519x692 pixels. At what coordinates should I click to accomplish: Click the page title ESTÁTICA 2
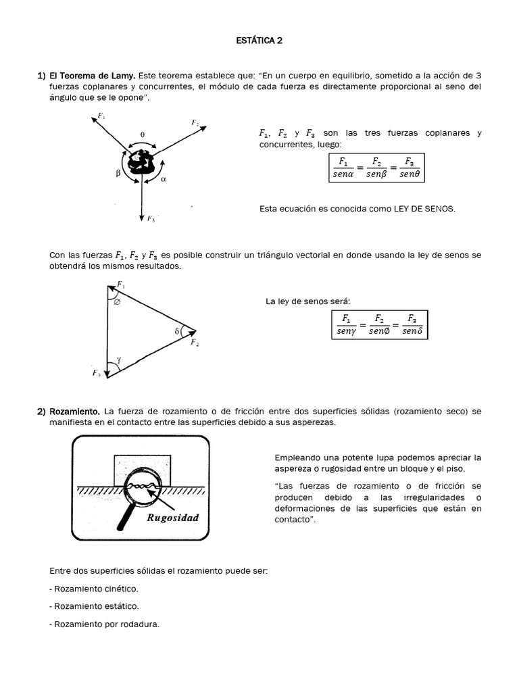[x=259, y=41]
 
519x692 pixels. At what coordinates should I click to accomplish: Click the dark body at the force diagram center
[x=142, y=163]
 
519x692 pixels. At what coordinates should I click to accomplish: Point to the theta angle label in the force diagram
[x=142, y=134]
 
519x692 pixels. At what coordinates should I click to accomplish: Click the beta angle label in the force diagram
[x=118, y=173]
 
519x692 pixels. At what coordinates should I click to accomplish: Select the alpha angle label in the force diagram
[x=164, y=180]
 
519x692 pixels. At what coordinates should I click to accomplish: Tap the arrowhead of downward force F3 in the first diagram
[x=142, y=216]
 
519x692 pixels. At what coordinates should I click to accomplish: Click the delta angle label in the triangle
[x=176, y=332]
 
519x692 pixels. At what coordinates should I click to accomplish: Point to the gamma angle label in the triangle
[x=119, y=361]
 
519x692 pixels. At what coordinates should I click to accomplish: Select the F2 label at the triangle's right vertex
[x=194, y=343]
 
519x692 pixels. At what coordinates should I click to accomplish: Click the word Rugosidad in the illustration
[x=172, y=518]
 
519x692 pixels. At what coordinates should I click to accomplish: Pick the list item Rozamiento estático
[x=94, y=607]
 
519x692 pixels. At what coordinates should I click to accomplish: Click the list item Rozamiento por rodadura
[x=104, y=624]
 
